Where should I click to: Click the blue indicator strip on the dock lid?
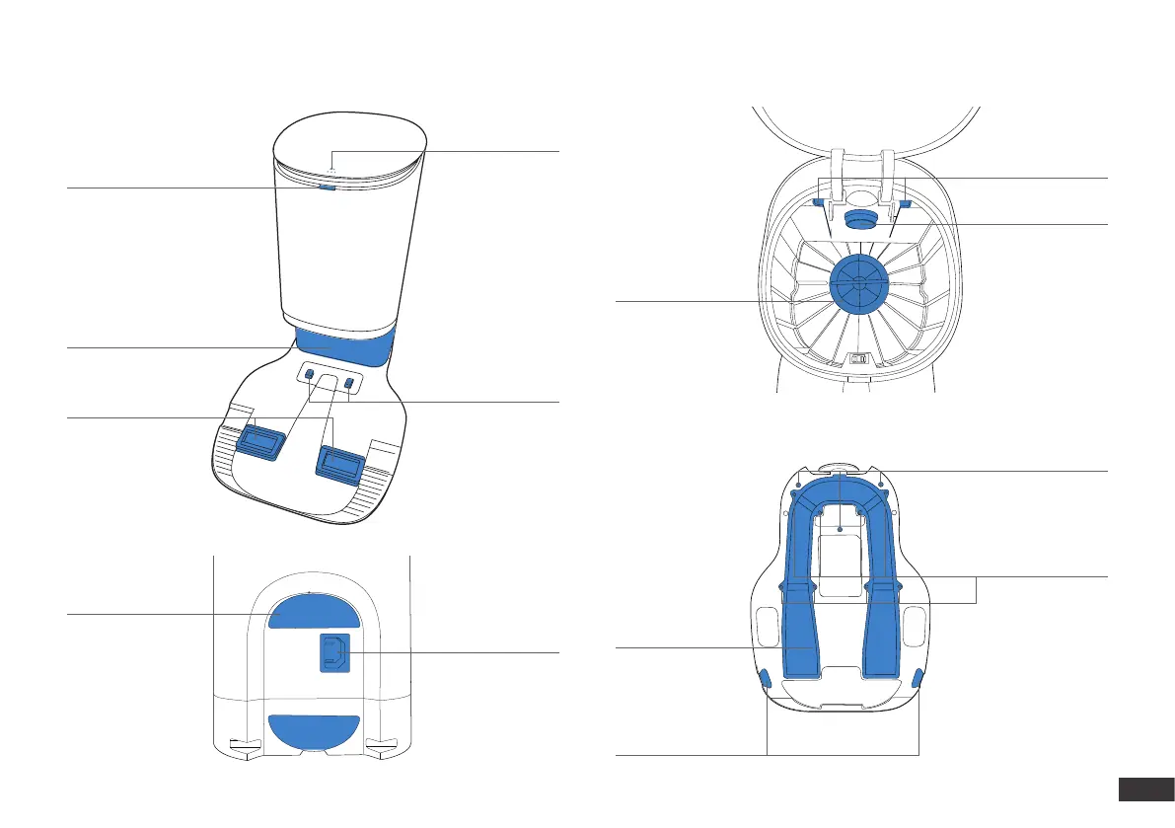(328, 183)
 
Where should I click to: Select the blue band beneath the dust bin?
(345, 346)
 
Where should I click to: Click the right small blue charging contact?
(349, 381)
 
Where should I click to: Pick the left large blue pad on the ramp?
(258, 441)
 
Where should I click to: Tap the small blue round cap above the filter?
(857, 215)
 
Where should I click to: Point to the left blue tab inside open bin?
(819, 202)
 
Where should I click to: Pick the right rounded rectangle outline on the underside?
(915, 624)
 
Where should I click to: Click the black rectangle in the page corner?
(1144, 790)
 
